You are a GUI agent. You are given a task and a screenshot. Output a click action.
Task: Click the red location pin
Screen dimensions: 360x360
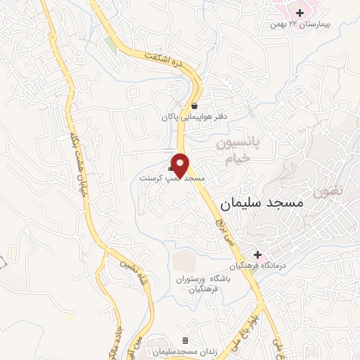181,165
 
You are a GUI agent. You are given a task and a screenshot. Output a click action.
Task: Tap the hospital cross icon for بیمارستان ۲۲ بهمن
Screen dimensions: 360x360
300,13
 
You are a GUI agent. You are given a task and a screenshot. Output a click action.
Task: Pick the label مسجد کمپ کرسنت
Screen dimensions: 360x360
171,179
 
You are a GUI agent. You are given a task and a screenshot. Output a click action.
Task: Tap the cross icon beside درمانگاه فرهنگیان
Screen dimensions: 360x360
258,255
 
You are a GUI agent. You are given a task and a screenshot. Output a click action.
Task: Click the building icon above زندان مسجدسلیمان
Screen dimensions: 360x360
186,340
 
